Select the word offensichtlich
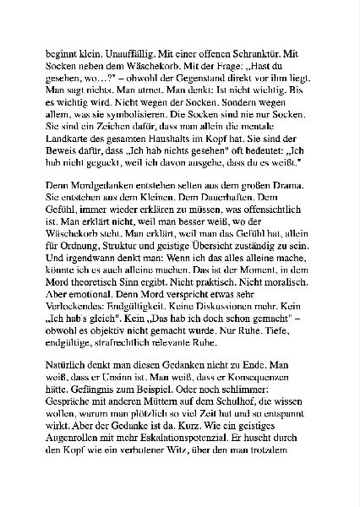(270, 232)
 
